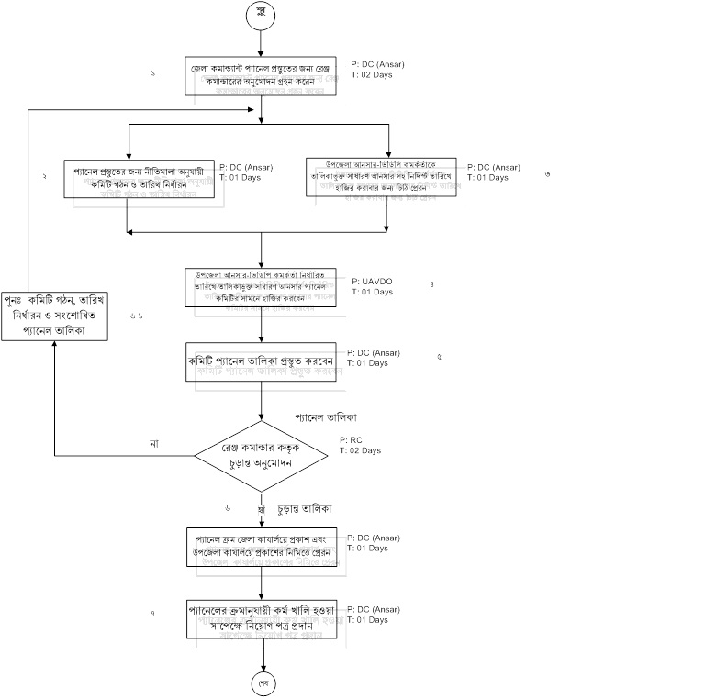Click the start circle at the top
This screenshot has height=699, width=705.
click(x=262, y=14)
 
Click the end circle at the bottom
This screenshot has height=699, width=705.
click(x=263, y=683)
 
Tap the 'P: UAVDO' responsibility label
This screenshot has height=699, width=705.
click(x=371, y=282)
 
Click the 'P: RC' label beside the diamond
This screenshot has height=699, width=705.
click(x=350, y=440)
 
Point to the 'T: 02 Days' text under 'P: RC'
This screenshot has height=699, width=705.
click(x=360, y=450)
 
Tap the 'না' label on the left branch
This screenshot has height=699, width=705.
click(x=155, y=444)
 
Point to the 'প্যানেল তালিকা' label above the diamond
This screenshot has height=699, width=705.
click(x=326, y=416)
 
